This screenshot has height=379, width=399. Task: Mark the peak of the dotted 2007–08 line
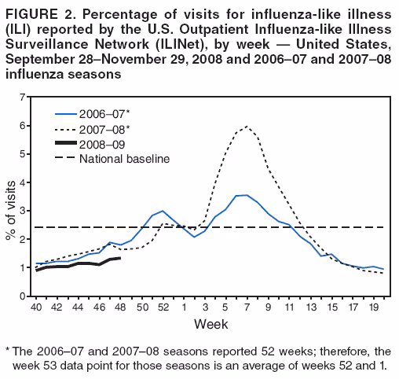point(247,126)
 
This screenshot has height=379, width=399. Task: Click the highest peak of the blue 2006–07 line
point(247,195)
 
